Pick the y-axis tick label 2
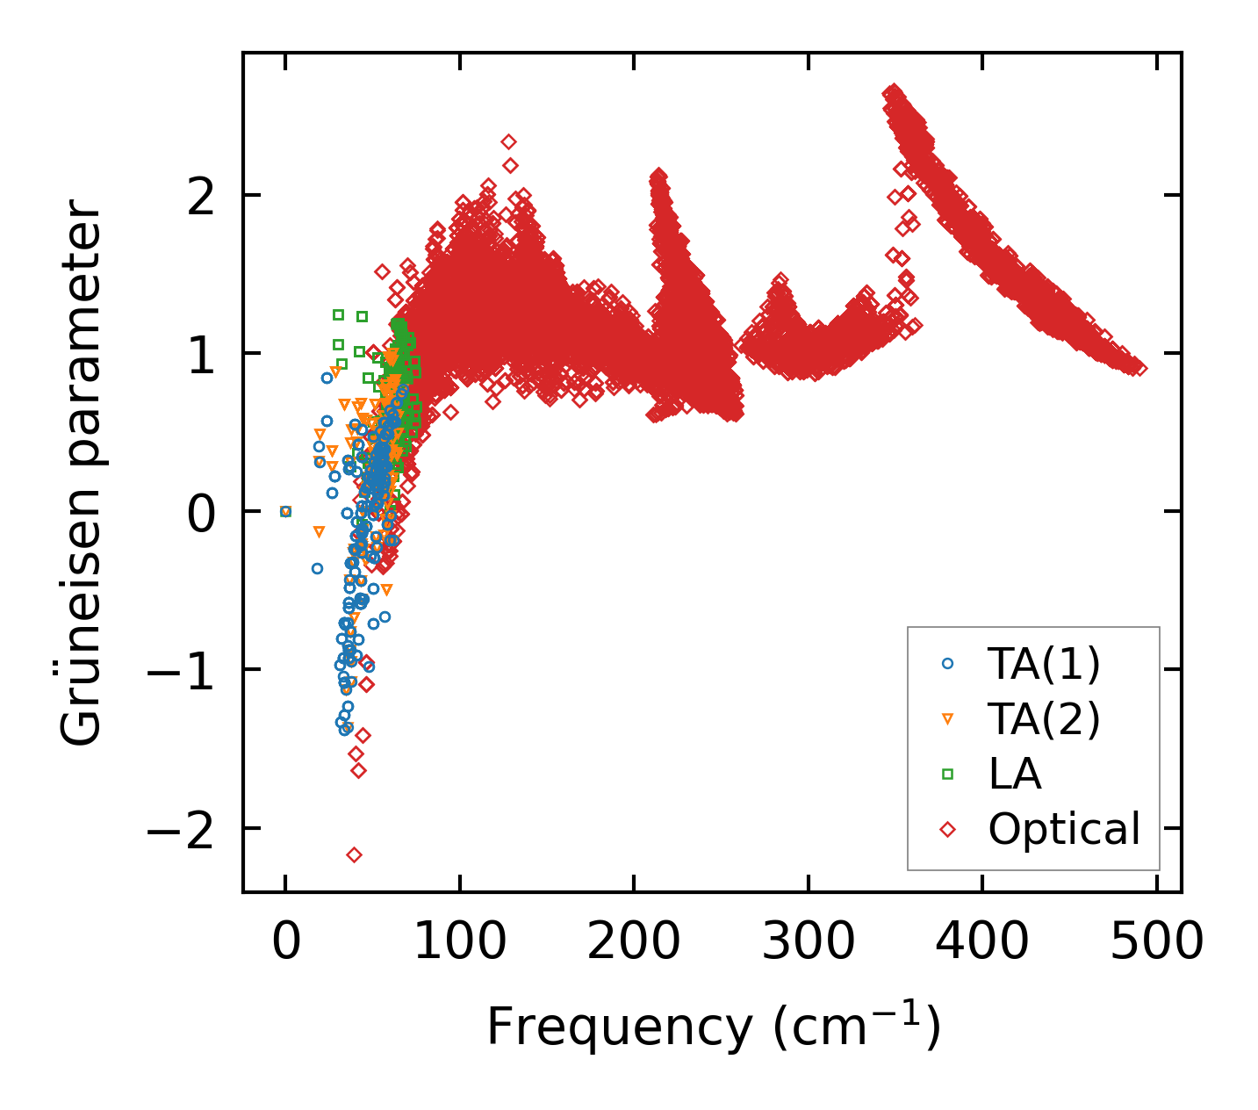coord(201,196)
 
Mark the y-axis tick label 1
coord(201,354)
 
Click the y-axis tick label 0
coord(201,512)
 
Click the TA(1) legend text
coord(1044,665)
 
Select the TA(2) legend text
coord(1044,719)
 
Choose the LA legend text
coord(1015,775)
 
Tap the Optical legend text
coord(1064,829)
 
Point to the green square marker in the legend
coord(947,774)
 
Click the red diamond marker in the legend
coord(947,829)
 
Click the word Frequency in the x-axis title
coord(618,1027)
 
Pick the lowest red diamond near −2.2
coord(354,854)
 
